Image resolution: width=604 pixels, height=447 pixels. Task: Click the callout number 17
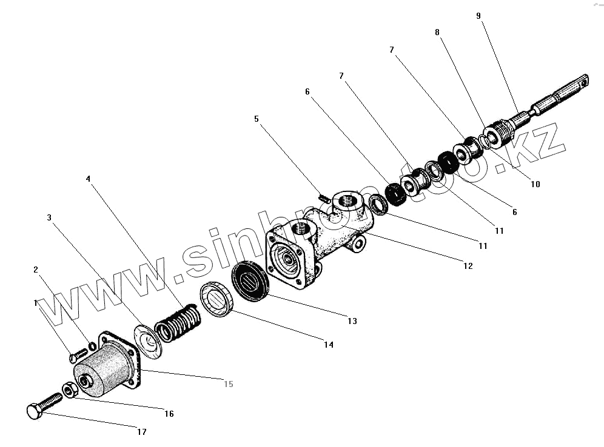click(x=141, y=432)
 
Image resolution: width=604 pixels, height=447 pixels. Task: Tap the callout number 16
click(x=169, y=414)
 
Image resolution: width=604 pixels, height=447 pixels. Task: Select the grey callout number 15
click(x=229, y=384)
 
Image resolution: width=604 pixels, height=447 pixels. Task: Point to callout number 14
click(x=328, y=345)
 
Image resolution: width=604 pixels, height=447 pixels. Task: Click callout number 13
click(x=352, y=320)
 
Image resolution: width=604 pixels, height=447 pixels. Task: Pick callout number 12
click(x=468, y=265)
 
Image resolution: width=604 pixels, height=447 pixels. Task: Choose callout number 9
click(x=478, y=16)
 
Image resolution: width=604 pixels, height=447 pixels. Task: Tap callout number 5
click(x=257, y=119)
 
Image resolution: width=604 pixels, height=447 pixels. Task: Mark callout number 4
click(x=88, y=179)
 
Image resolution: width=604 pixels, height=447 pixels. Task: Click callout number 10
click(x=535, y=184)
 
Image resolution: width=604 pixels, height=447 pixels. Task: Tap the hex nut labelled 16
click(x=70, y=389)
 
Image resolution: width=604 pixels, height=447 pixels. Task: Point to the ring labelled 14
click(x=218, y=300)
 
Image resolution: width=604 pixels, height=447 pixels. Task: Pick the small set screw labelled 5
click(x=324, y=197)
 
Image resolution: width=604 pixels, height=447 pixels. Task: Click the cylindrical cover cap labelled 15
click(x=103, y=371)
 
